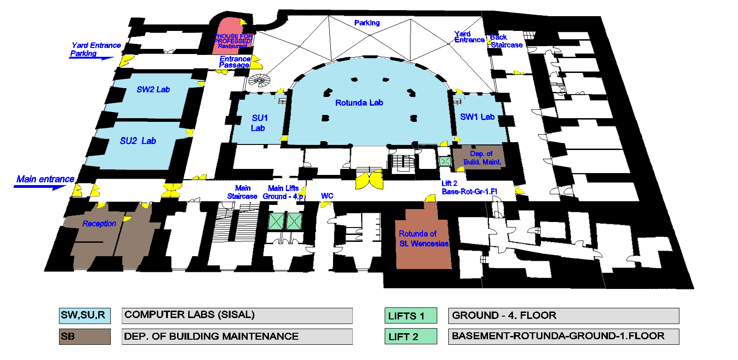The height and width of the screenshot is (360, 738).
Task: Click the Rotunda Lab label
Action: click(x=359, y=103)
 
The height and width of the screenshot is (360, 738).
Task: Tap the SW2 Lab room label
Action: click(x=153, y=90)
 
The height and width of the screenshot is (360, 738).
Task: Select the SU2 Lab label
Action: click(x=138, y=141)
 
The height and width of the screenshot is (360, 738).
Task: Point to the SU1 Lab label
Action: click(x=259, y=123)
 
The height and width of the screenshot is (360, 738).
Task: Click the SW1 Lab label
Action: click(x=477, y=117)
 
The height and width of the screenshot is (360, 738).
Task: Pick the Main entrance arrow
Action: click(x=42, y=186)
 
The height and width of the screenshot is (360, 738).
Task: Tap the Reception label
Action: click(x=99, y=224)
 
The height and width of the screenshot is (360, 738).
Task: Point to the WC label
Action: click(x=327, y=196)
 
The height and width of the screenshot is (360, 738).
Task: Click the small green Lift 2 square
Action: click(x=445, y=161)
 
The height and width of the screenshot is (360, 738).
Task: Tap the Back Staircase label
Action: click(x=506, y=41)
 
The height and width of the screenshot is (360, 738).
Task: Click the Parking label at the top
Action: click(x=367, y=23)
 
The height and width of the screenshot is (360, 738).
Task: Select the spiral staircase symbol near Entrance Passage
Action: click(x=259, y=80)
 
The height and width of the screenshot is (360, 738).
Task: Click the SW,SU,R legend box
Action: click(x=84, y=316)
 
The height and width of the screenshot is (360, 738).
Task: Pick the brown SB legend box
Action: click(x=84, y=336)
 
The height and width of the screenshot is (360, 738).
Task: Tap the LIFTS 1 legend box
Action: click(x=411, y=316)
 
